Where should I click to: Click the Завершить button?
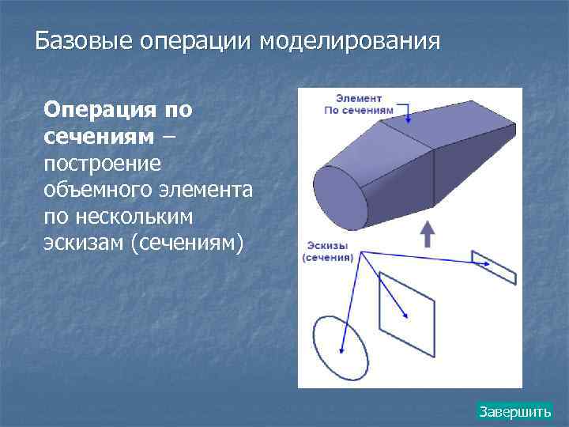514,412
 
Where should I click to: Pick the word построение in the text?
103,163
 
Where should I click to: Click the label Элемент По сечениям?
359,105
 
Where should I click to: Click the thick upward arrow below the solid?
427,234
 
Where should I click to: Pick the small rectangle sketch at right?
493,266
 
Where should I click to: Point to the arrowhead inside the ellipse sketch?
342,350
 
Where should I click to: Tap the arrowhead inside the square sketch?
405,315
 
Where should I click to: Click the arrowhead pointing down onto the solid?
409,119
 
